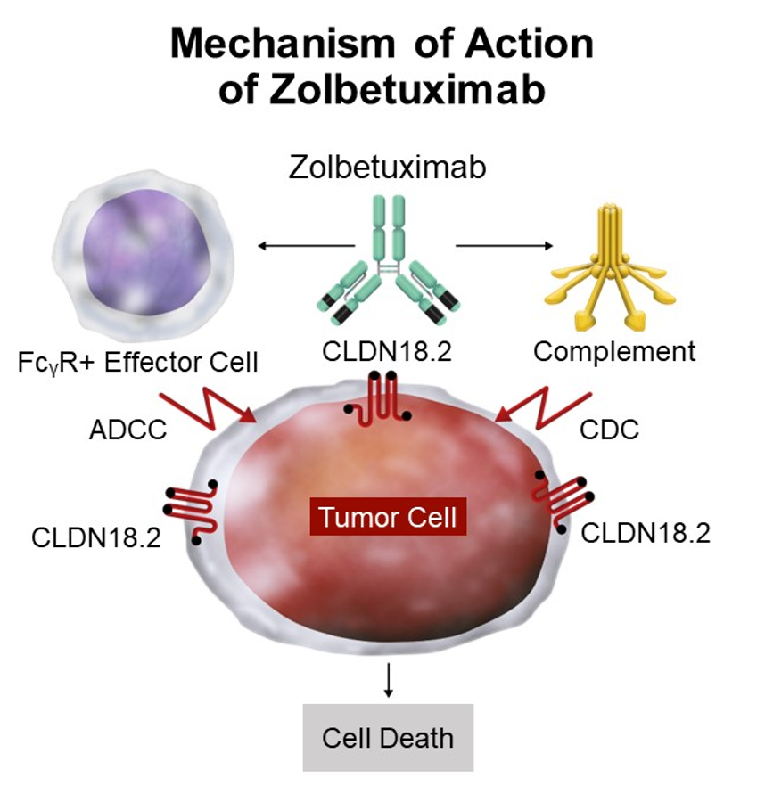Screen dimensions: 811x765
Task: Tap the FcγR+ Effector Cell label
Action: pyautogui.click(x=138, y=363)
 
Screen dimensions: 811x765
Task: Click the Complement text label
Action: pyautogui.click(x=614, y=351)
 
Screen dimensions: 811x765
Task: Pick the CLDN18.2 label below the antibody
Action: pyautogui.click(x=387, y=351)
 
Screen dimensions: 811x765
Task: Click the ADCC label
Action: pyautogui.click(x=129, y=430)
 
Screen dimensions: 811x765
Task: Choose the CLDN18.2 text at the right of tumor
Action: pyautogui.click(x=646, y=533)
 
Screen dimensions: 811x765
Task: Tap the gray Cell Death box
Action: pyautogui.click(x=388, y=738)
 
